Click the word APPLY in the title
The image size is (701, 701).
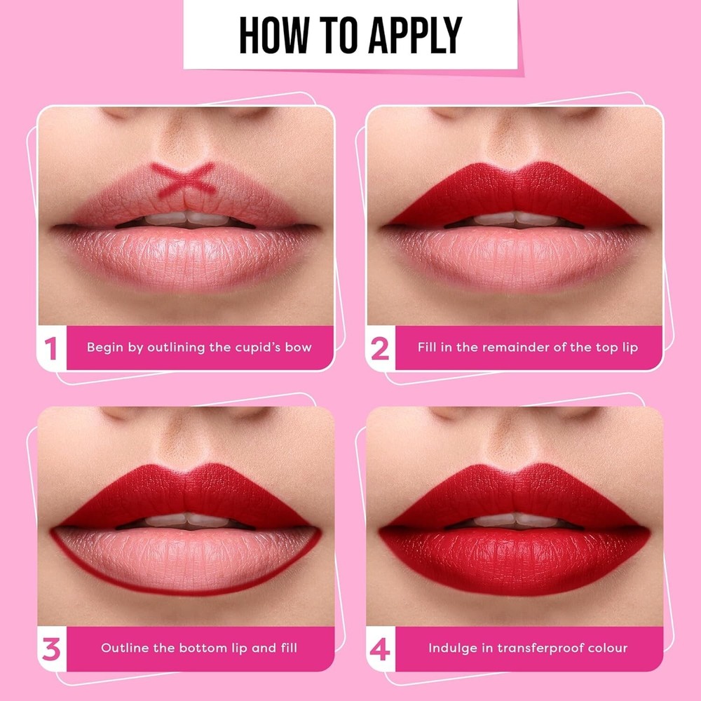point(415,35)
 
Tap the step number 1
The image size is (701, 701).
point(51,348)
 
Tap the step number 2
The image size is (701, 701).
point(380,348)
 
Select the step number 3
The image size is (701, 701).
point(51,649)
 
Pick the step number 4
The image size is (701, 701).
point(380,649)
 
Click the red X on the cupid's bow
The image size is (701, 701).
point(183,179)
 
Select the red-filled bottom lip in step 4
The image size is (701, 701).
point(514,559)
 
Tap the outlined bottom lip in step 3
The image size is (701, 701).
point(186,559)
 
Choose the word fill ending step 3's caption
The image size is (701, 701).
point(289,648)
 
